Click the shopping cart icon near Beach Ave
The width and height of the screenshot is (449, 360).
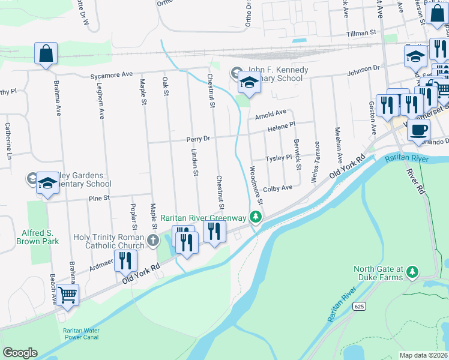tap(68, 294)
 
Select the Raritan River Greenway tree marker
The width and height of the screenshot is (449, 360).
tap(256, 217)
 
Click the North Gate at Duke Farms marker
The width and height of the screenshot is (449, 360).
tap(412, 272)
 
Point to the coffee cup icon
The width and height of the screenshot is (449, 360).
tap(418, 129)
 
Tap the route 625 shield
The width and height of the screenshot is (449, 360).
tap(359, 306)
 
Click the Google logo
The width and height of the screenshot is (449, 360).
tap(20, 353)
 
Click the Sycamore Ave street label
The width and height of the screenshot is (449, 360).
tap(111, 75)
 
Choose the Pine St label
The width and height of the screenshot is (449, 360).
tap(99, 197)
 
